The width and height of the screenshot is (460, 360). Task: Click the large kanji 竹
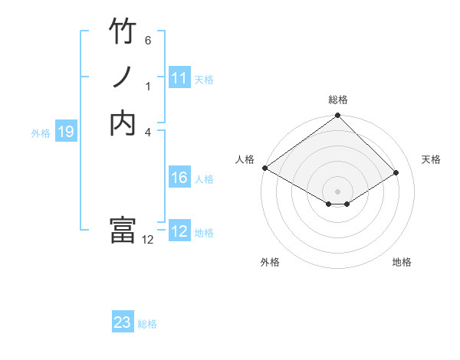(x=123, y=32)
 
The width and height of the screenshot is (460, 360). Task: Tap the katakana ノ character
(x=123, y=77)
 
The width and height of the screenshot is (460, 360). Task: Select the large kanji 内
(x=123, y=123)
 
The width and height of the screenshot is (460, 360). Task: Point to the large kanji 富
(x=123, y=230)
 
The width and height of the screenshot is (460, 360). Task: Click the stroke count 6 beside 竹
(x=148, y=40)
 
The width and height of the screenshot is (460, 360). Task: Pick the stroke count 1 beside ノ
(x=148, y=86)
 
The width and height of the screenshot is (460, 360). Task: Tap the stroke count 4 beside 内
(x=148, y=131)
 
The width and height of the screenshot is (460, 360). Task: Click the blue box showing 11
(x=179, y=78)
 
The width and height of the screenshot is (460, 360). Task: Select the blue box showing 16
(x=179, y=178)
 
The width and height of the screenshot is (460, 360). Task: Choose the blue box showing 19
(x=66, y=132)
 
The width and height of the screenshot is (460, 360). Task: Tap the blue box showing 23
(x=123, y=322)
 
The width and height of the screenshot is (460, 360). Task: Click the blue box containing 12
(x=179, y=231)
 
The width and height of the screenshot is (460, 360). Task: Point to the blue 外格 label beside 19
(x=41, y=133)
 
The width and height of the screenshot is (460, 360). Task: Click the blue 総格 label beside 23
(x=147, y=324)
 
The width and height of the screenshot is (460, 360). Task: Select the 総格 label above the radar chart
(x=337, y=100)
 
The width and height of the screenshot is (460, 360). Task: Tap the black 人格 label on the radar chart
(x=245, y=159)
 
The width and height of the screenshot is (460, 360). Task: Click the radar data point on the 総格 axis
(x=337, y=116)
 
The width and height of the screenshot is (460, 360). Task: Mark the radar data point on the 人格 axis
(x=264, y=168)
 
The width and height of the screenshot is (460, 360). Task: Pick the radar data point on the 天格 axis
(x=397, y=172)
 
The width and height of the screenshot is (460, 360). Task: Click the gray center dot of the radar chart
(x=337, y=191)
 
